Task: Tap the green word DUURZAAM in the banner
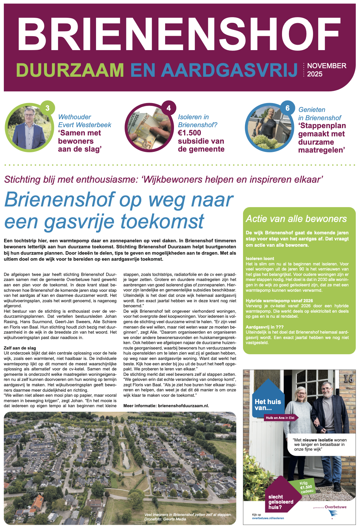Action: click(x=70, y=70)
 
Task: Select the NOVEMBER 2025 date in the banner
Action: click(x=326, y=70)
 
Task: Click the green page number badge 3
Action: click(x=48, y=108)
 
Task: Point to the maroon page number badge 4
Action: click(x=169, y=108)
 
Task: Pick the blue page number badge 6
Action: click(x=287, y=108)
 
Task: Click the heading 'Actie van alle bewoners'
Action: click(x=296, y=219)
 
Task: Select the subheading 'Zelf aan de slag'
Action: click(x=20, y=348)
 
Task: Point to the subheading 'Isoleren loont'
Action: click(x=260, y=258)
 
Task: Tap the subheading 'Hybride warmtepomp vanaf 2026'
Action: click(x=279, y=301)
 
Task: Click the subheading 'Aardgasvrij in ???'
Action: click(x=265, y=327)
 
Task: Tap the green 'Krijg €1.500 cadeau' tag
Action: click(x=306, y=487)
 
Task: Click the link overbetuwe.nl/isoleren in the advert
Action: click(x=268, y=518)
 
